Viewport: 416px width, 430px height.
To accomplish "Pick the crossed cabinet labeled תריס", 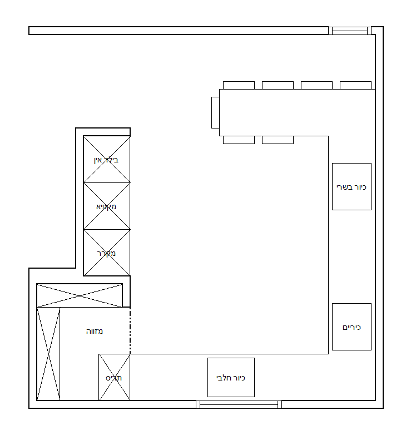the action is click(115, 377).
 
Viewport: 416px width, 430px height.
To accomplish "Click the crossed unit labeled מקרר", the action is click(107, 253).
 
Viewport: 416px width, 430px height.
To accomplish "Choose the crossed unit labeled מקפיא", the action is click(107, 206).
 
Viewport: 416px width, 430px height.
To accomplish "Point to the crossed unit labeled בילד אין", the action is click(107, 159).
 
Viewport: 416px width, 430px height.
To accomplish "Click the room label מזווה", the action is click(95, 332).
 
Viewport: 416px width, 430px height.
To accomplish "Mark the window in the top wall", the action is click(350, 31).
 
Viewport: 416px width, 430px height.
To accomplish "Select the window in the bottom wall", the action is click(239, 404).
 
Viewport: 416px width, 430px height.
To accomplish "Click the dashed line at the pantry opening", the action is click(130, 331).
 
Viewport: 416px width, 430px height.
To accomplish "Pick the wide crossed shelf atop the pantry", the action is click(80, 295).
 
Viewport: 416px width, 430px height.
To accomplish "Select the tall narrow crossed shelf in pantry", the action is click(48, 354).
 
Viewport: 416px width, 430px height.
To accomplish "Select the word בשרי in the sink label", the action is click(344, 187).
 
